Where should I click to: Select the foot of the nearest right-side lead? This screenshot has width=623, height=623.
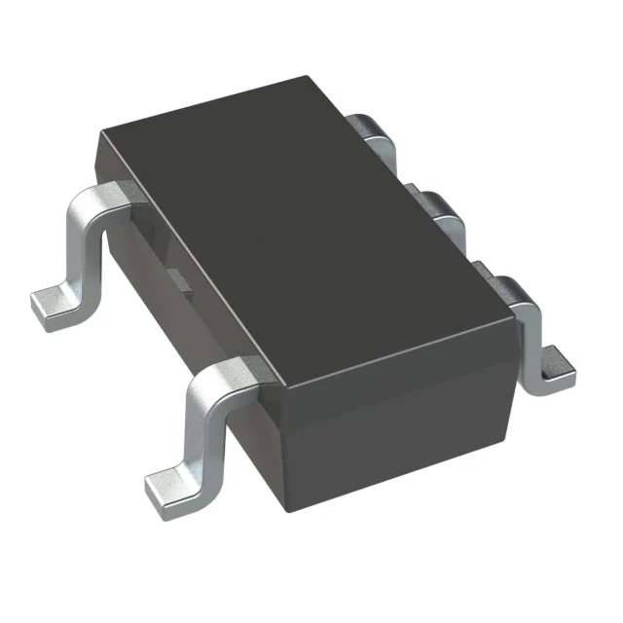(557, 365)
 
